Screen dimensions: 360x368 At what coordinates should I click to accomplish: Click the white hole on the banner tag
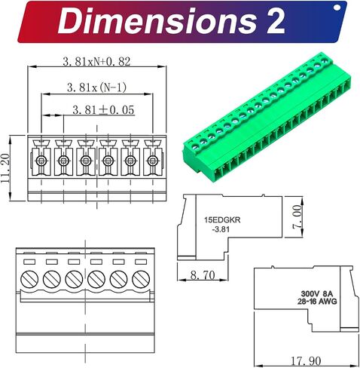coord(337,8)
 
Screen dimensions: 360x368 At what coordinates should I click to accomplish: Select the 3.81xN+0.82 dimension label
coord(96,62)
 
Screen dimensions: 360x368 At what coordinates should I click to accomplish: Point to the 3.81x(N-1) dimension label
coord(96,87)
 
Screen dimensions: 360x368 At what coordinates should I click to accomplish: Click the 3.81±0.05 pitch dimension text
coord(103,110)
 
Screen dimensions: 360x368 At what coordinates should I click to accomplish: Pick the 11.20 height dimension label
coord(5,168)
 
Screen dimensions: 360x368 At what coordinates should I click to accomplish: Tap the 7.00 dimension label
coord(297,216)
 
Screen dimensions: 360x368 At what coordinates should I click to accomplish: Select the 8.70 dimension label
coord(203,275)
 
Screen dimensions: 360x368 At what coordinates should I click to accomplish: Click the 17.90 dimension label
coord(306,361)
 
